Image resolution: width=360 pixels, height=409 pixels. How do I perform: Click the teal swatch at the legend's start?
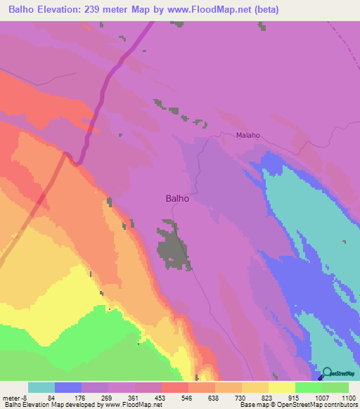click(x=41, y=387)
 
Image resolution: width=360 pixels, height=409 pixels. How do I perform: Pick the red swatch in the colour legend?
click(x=174, y=387)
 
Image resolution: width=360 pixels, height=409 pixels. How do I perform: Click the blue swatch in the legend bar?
click(x=68, y=387)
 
